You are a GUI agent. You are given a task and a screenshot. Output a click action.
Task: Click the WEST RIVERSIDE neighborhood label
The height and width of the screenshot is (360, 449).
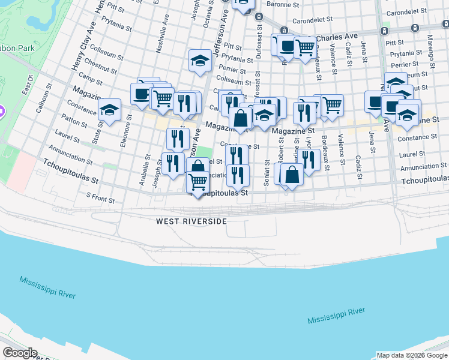tap(191, 221)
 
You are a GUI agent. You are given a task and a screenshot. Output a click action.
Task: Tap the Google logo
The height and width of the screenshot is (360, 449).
tap(20, 353)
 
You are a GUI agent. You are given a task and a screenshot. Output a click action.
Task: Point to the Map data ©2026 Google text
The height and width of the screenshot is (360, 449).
tap(411, 355)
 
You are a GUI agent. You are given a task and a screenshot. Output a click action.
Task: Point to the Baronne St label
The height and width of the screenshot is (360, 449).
tap(283, 4)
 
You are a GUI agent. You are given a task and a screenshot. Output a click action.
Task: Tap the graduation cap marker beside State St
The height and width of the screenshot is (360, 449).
tap(109, 110)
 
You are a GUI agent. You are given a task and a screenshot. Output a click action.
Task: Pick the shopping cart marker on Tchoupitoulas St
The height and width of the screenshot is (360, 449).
tap(197, 181)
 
